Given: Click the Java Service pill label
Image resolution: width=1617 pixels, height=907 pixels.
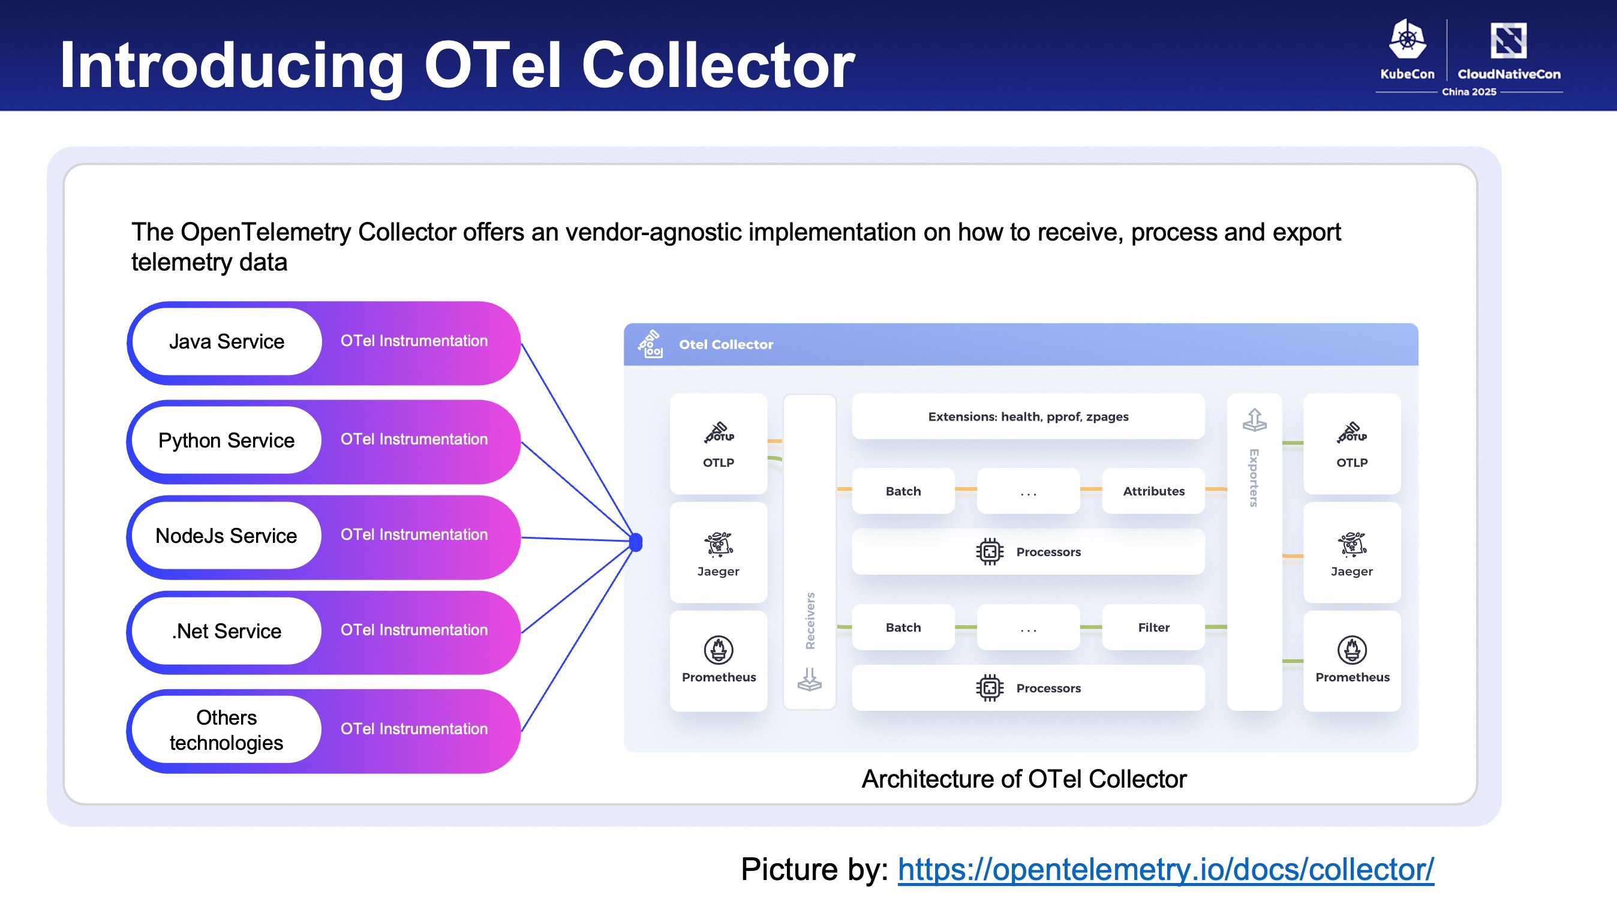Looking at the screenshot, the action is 227,341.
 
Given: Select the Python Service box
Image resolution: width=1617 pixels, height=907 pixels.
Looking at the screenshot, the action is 227,440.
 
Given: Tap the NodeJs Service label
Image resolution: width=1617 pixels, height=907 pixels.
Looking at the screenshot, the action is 227,536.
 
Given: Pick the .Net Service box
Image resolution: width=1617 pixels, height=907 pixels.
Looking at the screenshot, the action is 227,631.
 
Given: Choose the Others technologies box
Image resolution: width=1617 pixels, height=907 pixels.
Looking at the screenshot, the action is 227,729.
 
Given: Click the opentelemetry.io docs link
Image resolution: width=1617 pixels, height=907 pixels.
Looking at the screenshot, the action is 1166,869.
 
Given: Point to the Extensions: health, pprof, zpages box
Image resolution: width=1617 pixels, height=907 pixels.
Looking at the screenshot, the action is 1028,416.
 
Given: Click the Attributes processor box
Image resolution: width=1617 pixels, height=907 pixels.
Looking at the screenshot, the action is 1154,491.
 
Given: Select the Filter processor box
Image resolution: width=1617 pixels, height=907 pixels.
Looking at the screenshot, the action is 1154,627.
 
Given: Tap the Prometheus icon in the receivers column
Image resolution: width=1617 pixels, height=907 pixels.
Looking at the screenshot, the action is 719,650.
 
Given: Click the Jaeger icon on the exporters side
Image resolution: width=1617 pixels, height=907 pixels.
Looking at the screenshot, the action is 1352,544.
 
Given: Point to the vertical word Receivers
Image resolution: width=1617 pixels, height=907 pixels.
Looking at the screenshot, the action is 810,621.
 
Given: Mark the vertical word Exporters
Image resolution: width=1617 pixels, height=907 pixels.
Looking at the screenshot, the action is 1254,477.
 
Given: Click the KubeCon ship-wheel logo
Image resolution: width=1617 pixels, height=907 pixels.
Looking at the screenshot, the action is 1408,39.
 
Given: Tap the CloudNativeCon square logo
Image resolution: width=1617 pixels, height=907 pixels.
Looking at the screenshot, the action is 1508,41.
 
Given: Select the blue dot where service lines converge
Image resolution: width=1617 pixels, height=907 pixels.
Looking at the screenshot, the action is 636,542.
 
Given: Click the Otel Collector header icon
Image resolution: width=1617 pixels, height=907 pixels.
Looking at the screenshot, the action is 650,344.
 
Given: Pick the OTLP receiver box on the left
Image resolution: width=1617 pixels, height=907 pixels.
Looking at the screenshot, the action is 719,444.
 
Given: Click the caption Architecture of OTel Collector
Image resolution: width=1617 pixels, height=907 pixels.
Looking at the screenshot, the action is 1024,779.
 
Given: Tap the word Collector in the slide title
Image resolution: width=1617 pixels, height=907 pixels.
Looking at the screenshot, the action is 718,65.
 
